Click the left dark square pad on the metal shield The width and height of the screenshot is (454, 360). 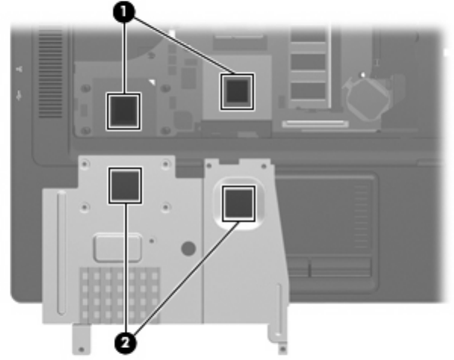(125, 185)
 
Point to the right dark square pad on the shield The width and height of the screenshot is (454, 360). (237, 203)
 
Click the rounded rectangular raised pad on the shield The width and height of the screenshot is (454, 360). (118, 247)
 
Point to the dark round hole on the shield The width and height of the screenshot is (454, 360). (189, 248)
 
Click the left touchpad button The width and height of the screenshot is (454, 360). (299, 268)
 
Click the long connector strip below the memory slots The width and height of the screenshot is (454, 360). (315, 122)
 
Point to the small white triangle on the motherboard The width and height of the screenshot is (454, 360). (153, 81)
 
